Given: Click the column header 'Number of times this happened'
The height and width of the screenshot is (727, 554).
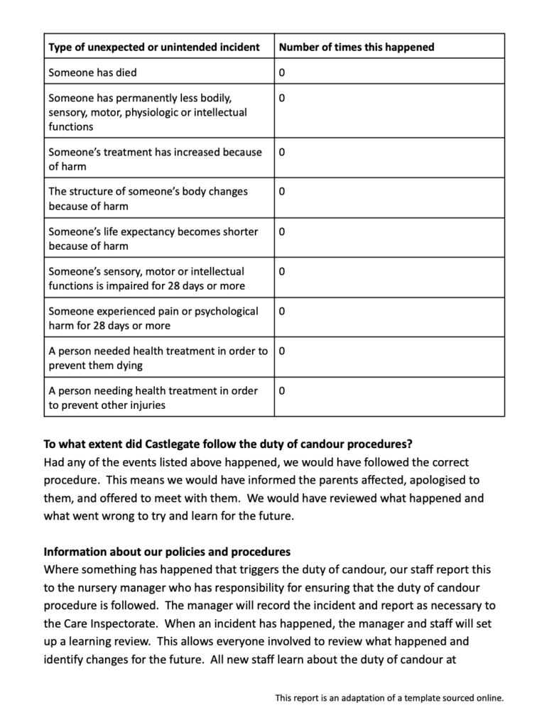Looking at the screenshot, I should pos(357,47).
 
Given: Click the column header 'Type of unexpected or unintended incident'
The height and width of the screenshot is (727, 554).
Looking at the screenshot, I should pos(154,47).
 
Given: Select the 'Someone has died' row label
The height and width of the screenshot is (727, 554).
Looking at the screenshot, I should pos(93,72).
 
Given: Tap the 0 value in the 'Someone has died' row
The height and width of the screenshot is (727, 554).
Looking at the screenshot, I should pos(283,72).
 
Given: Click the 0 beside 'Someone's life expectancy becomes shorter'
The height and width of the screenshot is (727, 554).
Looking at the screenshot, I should pos(283,231).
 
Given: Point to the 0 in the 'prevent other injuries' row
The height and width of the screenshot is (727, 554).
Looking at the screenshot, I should pos(283,390).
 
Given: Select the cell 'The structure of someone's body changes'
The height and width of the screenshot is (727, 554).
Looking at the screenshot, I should pos(148,199).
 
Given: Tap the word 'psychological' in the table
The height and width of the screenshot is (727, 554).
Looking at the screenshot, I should pos(224,311).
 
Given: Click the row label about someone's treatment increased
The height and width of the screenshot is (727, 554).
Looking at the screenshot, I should pos(155,159).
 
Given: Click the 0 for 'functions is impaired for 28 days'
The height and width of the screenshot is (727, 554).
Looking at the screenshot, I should pos(283,271).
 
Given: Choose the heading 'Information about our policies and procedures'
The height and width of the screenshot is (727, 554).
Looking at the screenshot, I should pos(167,552).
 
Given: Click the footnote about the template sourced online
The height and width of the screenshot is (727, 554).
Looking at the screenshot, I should pos(389,698).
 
